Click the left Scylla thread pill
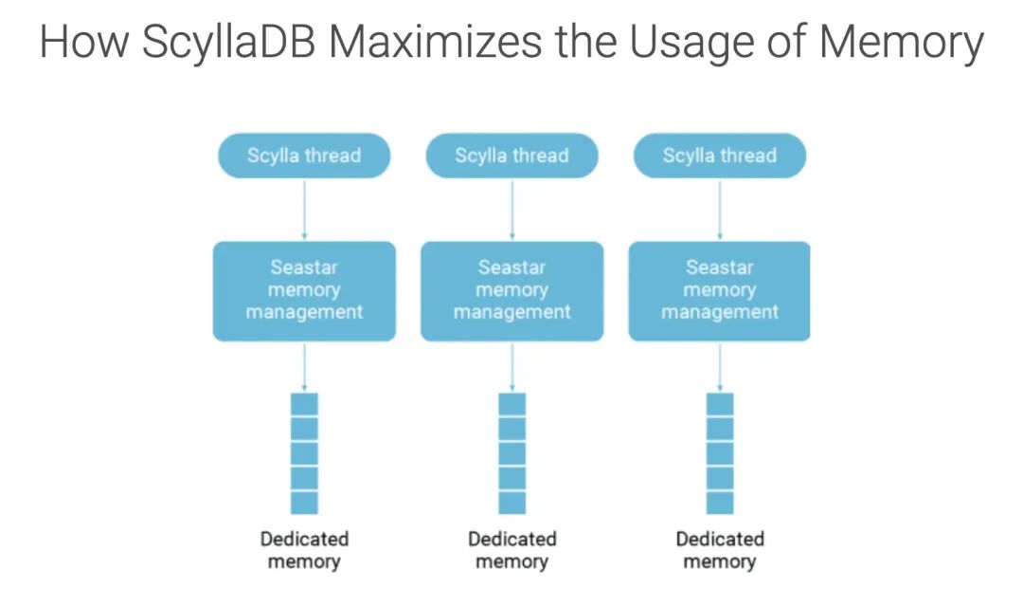click(x=304, y=156)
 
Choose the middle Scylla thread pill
click(x=511, y=156)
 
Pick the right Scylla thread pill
click(x=719, y=156)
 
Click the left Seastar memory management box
click(x=304, y=290)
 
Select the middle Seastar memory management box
click(x=511, y=290)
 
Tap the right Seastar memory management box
click(x=719, y=290)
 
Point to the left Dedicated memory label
click(x=304, y=550)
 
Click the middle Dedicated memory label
click(x=511, y=550)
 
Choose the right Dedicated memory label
click(x=719, y=550)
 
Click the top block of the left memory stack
click(x=304, y=404)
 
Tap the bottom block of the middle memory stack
click(x=511, y=503)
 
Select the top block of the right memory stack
click(x=719, y=404)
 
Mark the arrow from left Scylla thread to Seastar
click(x=304, y=209)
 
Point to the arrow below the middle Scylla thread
click(x=511, y=209)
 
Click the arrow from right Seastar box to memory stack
click(x=719, y=366)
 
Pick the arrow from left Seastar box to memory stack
click(x=304, y=366)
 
